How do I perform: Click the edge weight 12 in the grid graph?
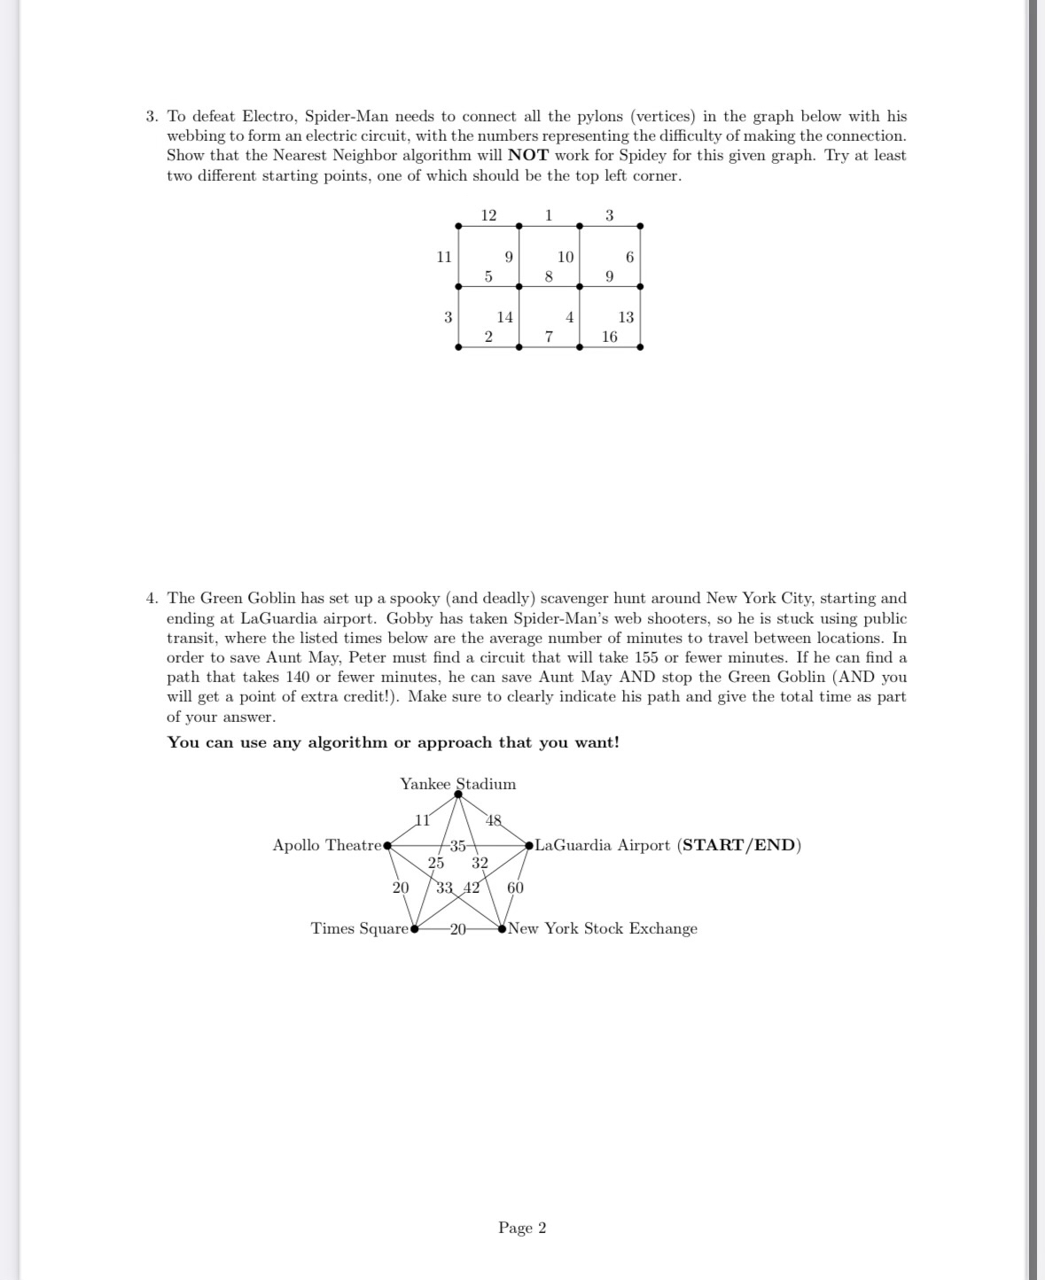point(488,215)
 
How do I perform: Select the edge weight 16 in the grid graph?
point(609,337)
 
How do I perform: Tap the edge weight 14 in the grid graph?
point(504,317)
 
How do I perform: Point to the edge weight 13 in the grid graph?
point(626,317)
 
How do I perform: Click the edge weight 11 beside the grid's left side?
point(444,257)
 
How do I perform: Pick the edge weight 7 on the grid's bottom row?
point(549,337)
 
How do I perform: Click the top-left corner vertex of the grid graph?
point(458,226)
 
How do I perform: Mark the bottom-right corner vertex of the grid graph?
point(640,347)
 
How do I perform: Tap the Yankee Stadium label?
point(457,784)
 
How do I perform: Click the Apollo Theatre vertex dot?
point(386,846)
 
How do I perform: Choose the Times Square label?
point(359,928)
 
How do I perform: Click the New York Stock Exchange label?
point(603,928)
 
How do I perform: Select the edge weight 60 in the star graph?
point(515,888)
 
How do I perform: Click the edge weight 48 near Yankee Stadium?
point(495,820)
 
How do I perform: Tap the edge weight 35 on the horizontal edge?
point(457,845)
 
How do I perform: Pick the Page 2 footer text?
point(522,1228)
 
